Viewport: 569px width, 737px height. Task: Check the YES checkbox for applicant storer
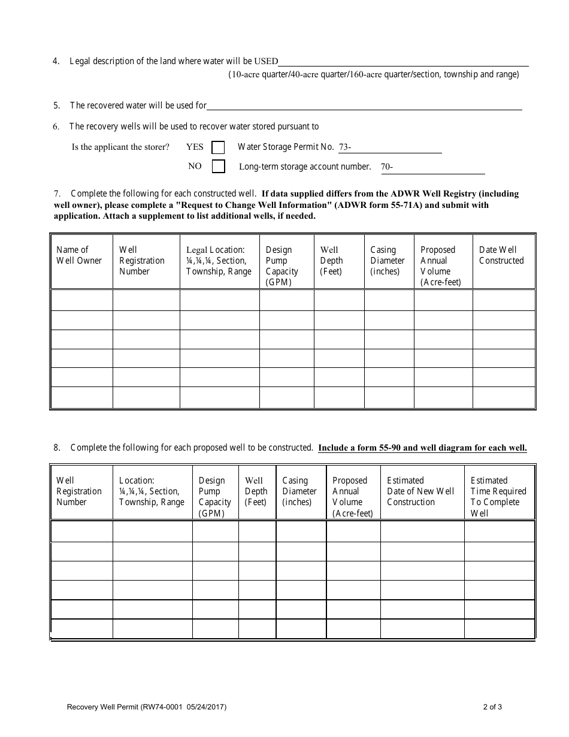[x=219, y=147]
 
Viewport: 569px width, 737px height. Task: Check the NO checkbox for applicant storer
[x=219, y=167]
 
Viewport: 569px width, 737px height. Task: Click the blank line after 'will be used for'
[x=364, y=105]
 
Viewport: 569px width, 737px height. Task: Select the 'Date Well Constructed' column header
[x=501, y=255]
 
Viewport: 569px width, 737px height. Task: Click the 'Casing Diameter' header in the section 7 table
[x=388, y=261]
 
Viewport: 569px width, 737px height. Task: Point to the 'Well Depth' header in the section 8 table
[x=256, y=491]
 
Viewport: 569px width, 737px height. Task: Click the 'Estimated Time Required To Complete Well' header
[x=498, y=497]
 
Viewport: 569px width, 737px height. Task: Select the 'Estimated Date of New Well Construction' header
[x=420, y=491]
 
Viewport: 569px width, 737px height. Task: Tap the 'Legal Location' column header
[x=219, y=261]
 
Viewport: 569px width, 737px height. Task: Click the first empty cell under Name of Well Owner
[x=81, y=300]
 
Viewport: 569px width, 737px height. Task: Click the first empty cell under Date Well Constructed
[x=503, y=300]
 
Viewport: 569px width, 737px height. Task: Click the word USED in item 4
[x=266, y=61]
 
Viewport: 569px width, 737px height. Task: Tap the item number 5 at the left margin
[x=56, y=105]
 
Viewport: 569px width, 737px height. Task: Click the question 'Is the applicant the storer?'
[x=120, y=147]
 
